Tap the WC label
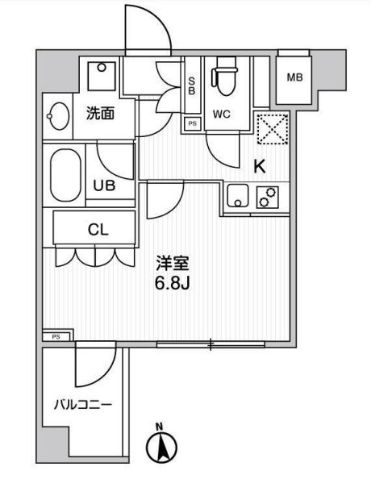click(221, 115)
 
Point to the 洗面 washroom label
click(100, 114)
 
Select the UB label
click(103, 185)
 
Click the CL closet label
click(98, 229)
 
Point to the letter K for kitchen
click(260, 167)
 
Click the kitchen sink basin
click(236, 196)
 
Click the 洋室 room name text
click(172, 263)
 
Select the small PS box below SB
click(192, 123)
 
